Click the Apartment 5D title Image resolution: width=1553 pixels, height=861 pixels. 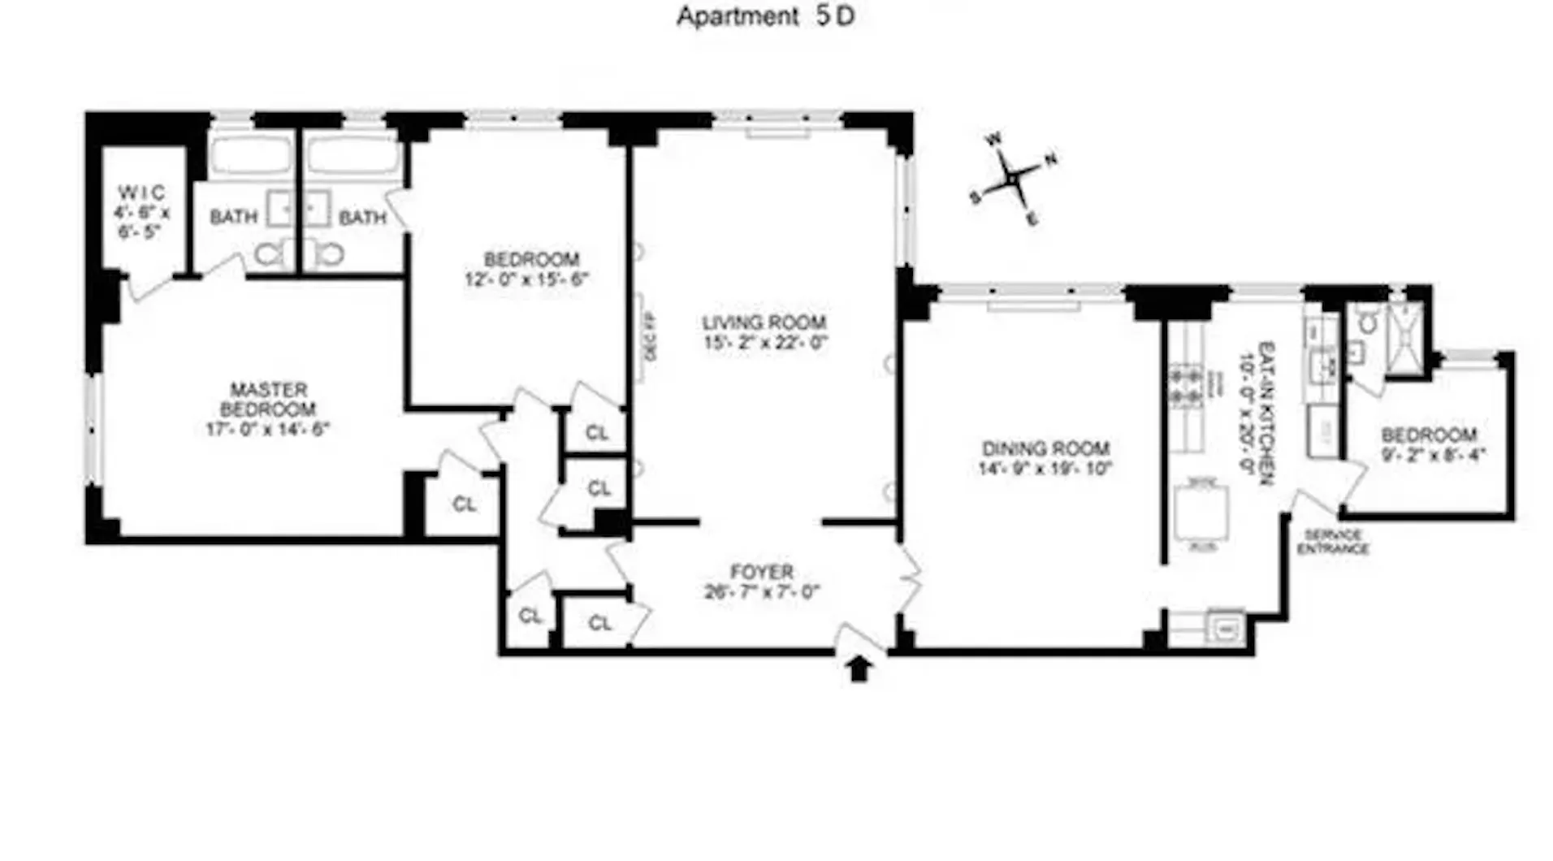pyautogui.click(x=765, y=16)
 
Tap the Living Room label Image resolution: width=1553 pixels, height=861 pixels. pyautogui.click(x=764, y=322)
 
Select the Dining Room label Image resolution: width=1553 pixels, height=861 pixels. pyautogui.click(x=1045, y=448)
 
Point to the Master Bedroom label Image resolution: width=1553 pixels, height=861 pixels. pyautogui.click(x=268, y=399)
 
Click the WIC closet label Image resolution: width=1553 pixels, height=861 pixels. pyautogui.click(x=141, y=193)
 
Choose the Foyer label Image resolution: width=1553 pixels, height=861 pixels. pyautogui.click(x=761, y=572)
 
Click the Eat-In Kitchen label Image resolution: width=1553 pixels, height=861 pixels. pyautogui.click(x=1265, y=413)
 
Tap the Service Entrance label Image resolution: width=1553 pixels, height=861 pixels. pyautogui.click(x=1332, y=542)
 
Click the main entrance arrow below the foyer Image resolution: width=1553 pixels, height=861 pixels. pyautogui.click(x=859, y=668)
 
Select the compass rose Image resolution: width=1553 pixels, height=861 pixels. pyautogui.click(x=1013, y=179)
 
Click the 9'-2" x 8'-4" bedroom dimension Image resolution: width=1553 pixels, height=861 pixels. pyautogui.click(x=1434, y=455)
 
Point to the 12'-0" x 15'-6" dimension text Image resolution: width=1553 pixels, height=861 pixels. pyautogui.click(x=526, y=279)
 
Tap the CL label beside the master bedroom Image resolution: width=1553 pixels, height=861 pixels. pyautogui.click(x=464, y=504)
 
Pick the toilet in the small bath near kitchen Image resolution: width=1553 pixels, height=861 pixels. pyautogui.click(x=1369, y=323)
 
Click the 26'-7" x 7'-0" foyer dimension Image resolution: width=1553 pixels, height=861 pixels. pyautogui.click(x=761, y=591)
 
